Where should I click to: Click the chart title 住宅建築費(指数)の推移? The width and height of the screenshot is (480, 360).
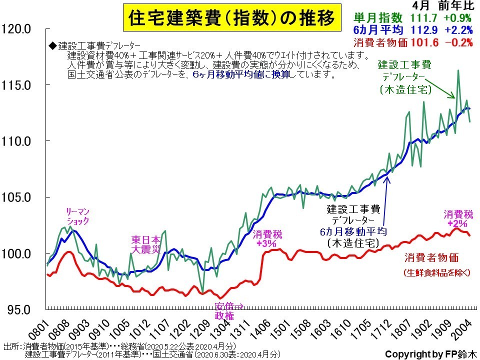(229, 19)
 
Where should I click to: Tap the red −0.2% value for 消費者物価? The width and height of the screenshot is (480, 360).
(458, 42)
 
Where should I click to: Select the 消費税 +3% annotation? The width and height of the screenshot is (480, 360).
(265, 238)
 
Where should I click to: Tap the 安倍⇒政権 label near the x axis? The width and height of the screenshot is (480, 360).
(228, 311)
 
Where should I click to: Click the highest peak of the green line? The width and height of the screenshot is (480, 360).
(458, 70)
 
